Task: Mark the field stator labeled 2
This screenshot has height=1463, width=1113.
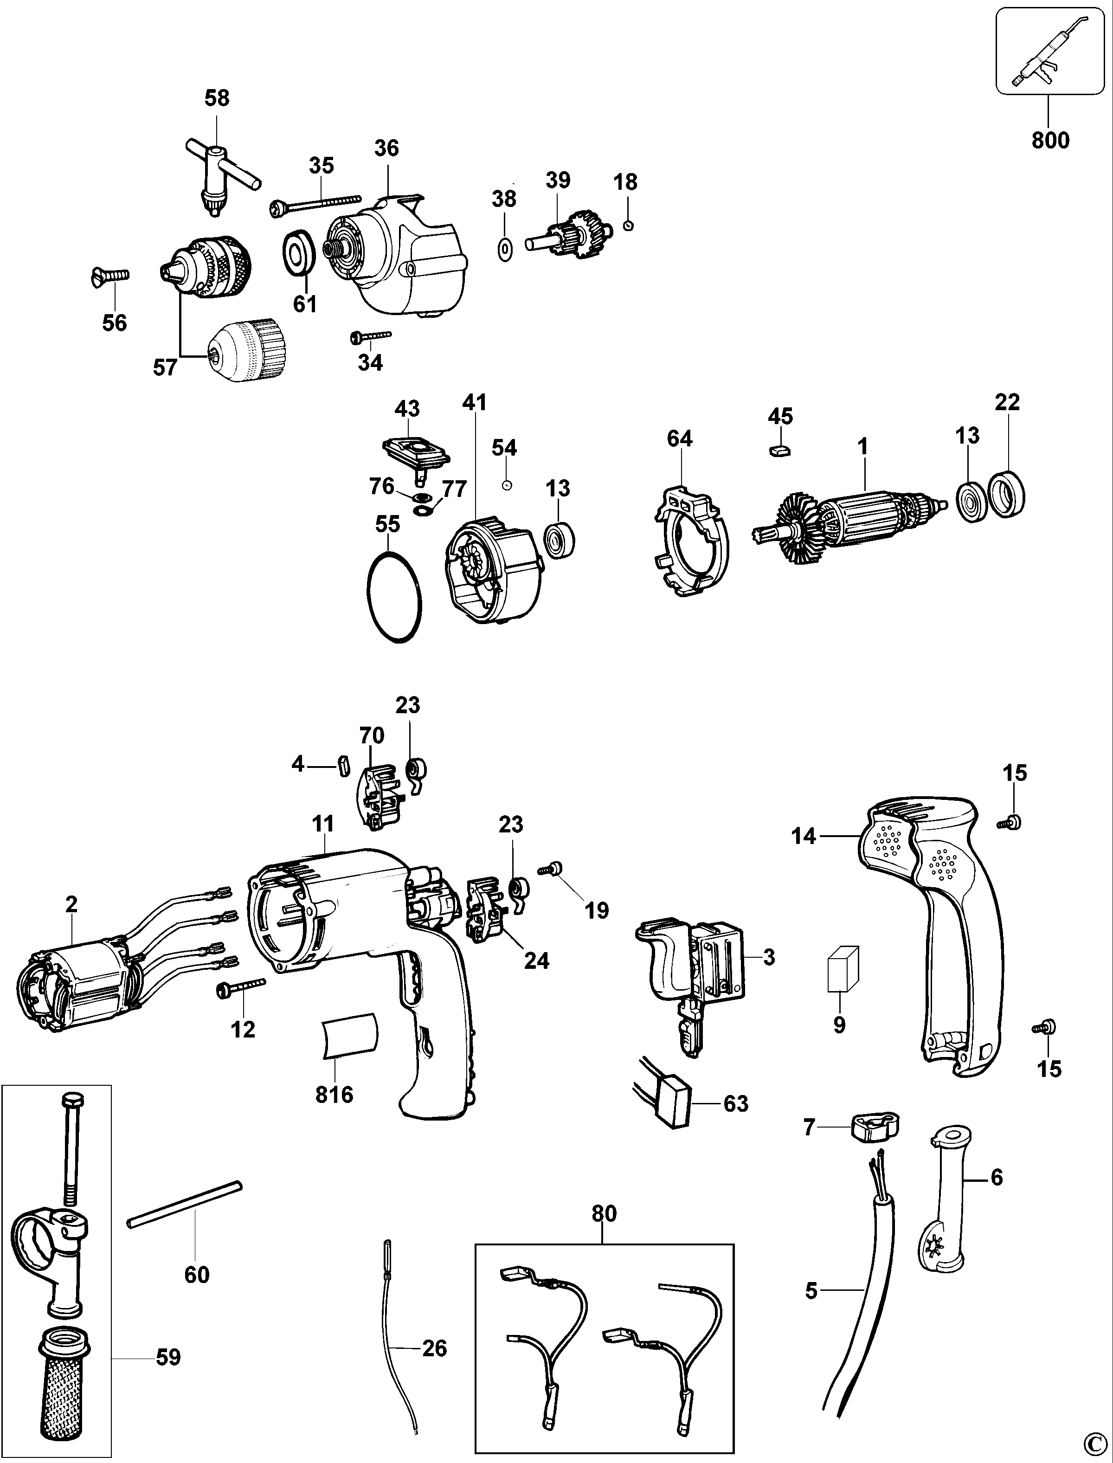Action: tap(73, 977)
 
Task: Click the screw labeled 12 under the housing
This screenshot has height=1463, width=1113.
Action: tap(240, 987)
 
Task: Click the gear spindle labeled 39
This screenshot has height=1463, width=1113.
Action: tap(563, 234)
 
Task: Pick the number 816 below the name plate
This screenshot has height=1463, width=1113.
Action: tap(334, 1095)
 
